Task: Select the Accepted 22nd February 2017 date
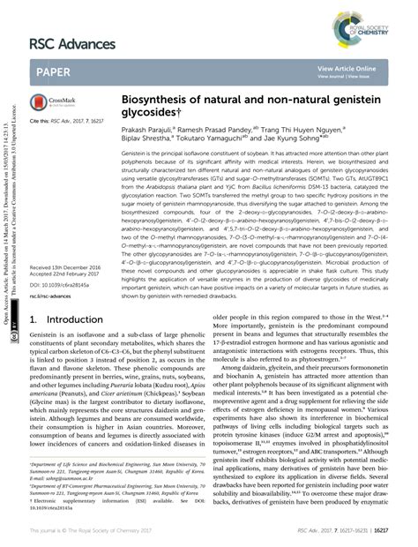coord(67,273)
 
